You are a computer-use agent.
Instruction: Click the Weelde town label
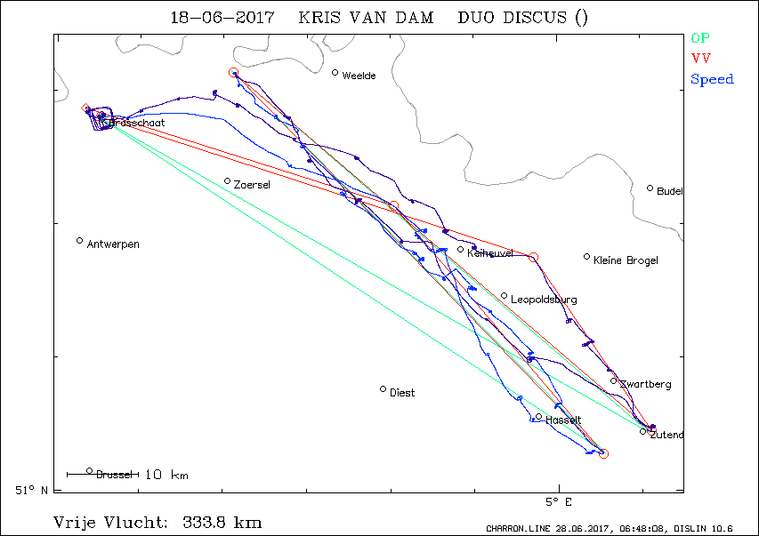click(359, 76)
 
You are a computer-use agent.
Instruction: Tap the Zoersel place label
click(252, 185)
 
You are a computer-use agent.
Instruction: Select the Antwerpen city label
click(113, 244)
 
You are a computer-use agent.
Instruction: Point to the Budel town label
click(669, 191)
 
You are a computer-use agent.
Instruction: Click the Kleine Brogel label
click(626, 260)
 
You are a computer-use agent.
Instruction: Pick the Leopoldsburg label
click(544, 300)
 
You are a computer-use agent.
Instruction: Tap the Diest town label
click(402, 393)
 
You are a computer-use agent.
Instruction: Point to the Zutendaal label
click(666, 436)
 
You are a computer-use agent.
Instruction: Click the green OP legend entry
click(700, 37)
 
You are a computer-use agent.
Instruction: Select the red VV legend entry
click(700, 59)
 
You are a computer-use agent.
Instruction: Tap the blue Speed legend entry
click(712, 80)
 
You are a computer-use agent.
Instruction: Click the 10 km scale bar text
click(166, 475)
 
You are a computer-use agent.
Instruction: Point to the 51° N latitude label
click(32, 489)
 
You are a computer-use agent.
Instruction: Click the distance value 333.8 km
click(222, 522)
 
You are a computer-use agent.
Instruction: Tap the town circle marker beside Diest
click(384, 388)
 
